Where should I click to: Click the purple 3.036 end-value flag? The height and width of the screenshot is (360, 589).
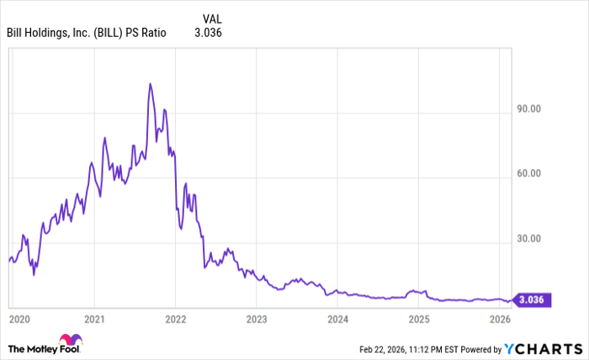[532, 299]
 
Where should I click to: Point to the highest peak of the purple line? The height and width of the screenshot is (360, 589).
[150, 83]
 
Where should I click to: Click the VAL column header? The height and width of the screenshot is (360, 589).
[214, 17]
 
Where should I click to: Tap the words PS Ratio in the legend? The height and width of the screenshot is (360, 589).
[147, 34]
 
